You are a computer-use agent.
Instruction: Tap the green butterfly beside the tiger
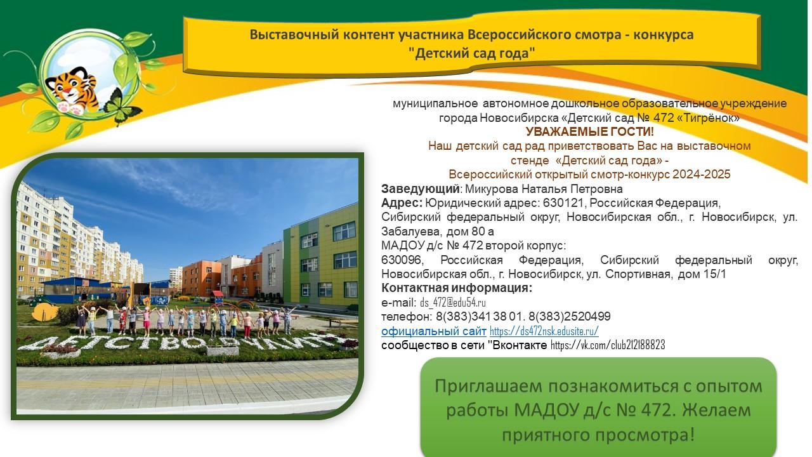(121, 107)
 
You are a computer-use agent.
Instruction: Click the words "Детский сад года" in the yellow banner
(471, 53)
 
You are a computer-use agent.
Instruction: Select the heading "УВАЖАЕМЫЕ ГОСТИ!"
(590, 131)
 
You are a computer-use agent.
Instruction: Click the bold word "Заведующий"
(421, 189)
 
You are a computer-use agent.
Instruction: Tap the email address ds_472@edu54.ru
(453, 303)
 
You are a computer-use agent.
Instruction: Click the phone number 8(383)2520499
(570, 317)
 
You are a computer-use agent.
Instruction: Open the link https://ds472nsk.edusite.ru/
(544, 331)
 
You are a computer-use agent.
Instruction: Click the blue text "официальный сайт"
(433, 331)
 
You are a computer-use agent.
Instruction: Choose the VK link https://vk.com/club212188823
(608, 345)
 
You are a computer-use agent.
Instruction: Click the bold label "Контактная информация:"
(457, 288)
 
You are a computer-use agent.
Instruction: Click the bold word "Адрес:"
(402, 203)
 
